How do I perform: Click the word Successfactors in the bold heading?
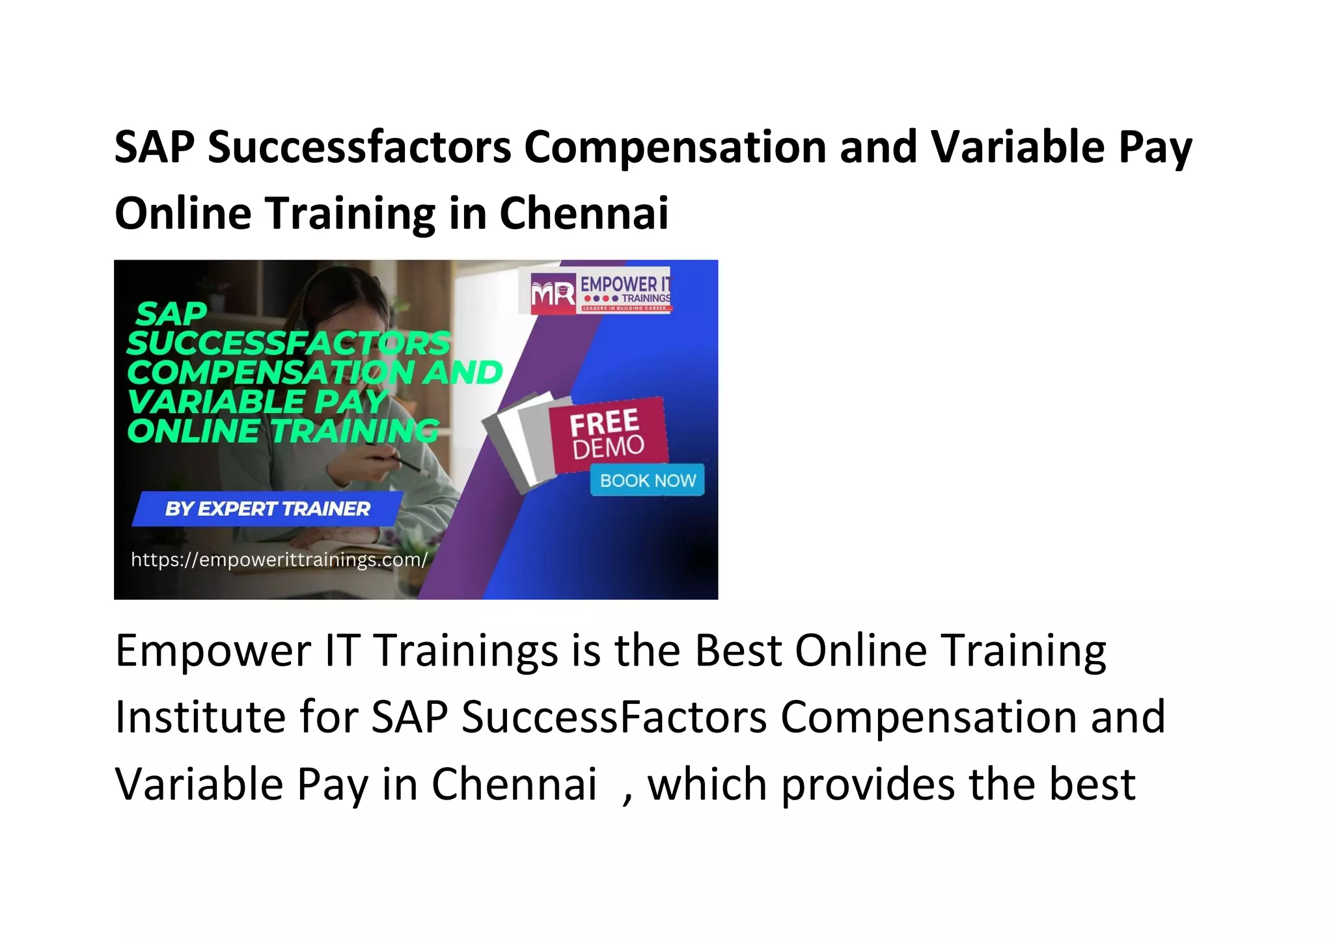[359, 147]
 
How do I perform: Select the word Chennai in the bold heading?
[584, 213]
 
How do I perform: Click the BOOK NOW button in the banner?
[647, 480]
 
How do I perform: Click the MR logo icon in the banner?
[553, 293]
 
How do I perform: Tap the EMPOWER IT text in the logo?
[624, 284]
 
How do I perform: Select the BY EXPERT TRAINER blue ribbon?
[267, 509]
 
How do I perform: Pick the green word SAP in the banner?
[171, 314]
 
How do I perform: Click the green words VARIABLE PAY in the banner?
[257, 401]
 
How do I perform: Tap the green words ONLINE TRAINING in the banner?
[283, 431]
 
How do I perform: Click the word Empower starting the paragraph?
[213, 651]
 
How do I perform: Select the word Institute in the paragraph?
[200, 717]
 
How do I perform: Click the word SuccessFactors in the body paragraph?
[614, 717]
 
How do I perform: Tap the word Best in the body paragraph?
[737, 651]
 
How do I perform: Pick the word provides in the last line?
[868, 785]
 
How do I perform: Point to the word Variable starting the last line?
[199, 784]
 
